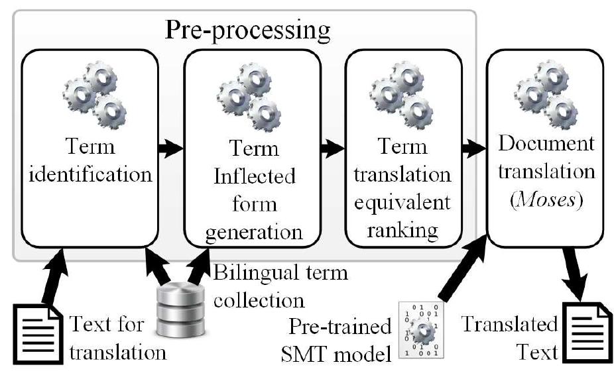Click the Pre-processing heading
click(247, 30)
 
